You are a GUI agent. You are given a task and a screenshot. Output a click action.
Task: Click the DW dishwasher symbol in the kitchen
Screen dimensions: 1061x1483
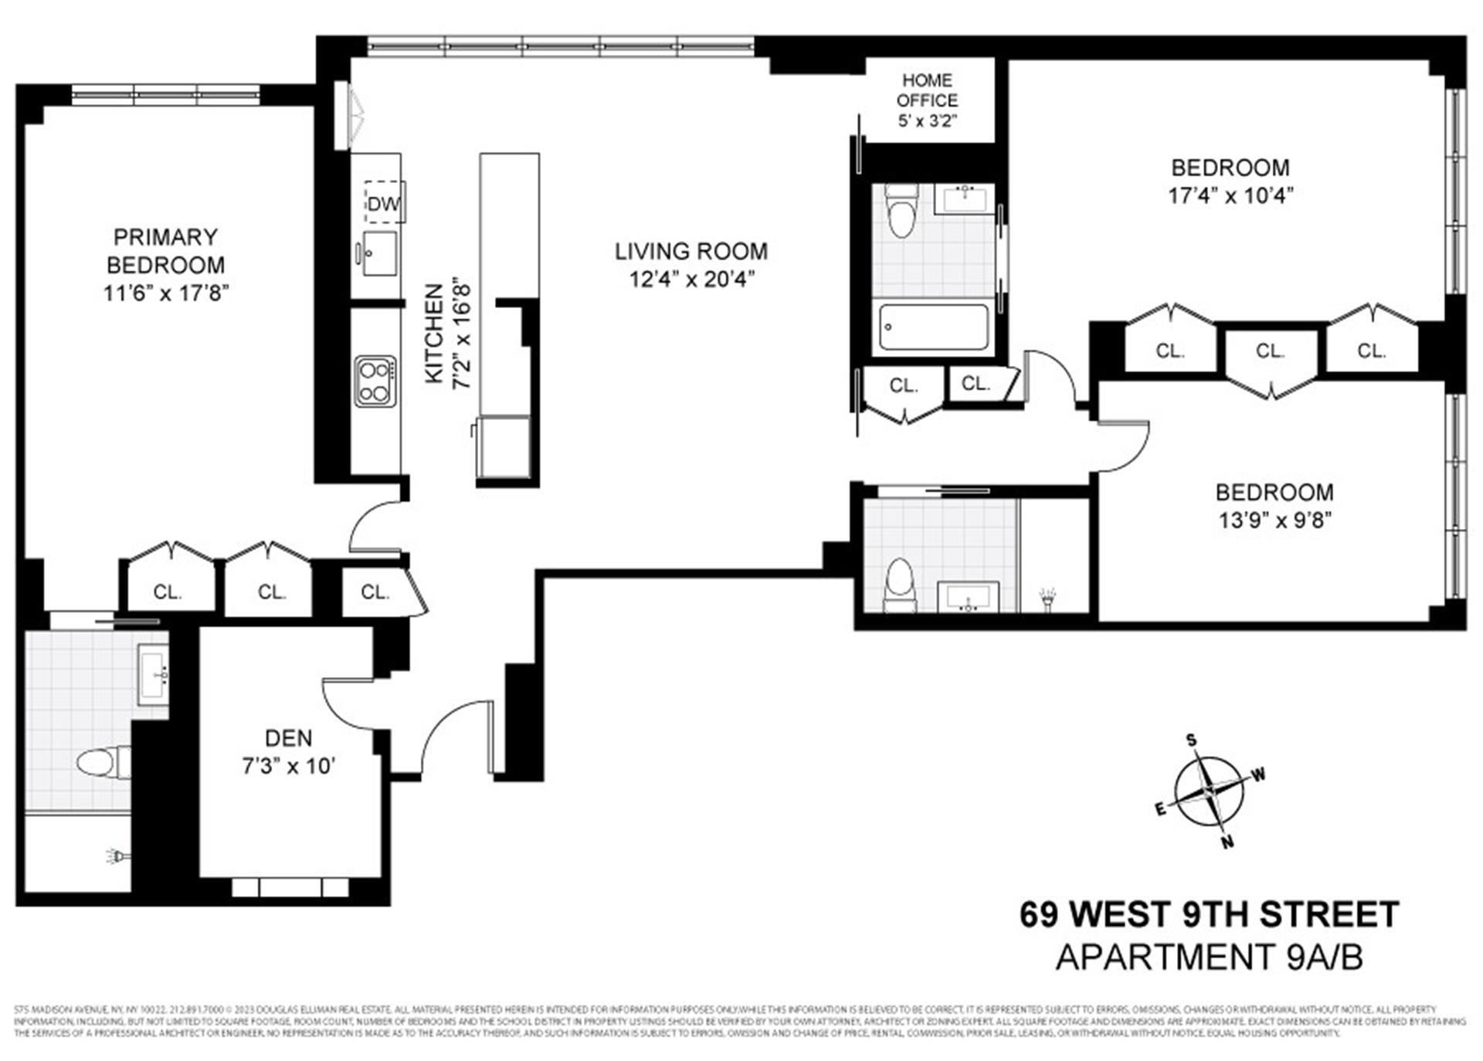383,203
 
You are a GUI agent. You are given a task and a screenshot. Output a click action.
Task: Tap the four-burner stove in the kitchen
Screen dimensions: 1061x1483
375,381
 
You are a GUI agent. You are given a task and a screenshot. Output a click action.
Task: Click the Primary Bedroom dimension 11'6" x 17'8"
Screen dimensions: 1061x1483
166,293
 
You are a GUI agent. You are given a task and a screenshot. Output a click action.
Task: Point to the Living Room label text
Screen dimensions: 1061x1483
691,252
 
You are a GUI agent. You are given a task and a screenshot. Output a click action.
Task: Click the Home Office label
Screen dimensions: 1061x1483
927,90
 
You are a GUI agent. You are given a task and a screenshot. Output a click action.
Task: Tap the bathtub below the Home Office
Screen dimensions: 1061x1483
934,327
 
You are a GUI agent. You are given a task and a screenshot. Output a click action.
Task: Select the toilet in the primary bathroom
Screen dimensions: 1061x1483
100,762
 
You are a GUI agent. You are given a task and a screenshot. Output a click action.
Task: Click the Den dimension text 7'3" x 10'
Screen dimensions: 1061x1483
288,766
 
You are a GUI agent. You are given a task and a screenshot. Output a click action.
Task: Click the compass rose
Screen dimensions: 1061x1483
1209,792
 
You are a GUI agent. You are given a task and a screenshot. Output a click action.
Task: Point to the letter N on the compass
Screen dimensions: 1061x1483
1227,842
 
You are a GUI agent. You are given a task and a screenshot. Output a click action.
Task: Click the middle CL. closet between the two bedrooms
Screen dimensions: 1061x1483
1270,351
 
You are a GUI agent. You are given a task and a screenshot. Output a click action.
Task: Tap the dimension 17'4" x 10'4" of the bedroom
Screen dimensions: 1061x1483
1230,195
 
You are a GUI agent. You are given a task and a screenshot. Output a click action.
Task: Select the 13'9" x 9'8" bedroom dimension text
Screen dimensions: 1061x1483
1274,520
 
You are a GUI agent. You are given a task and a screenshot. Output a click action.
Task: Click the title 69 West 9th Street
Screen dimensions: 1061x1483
1209,915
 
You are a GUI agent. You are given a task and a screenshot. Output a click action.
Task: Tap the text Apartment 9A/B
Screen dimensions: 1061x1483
1209,958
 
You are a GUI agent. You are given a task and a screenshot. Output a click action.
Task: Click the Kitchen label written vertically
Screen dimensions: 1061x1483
435,333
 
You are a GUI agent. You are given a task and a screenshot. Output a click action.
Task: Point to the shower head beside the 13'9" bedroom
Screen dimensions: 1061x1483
1047,597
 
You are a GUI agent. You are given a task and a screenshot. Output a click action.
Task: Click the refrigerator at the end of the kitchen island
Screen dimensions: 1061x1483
504,447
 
